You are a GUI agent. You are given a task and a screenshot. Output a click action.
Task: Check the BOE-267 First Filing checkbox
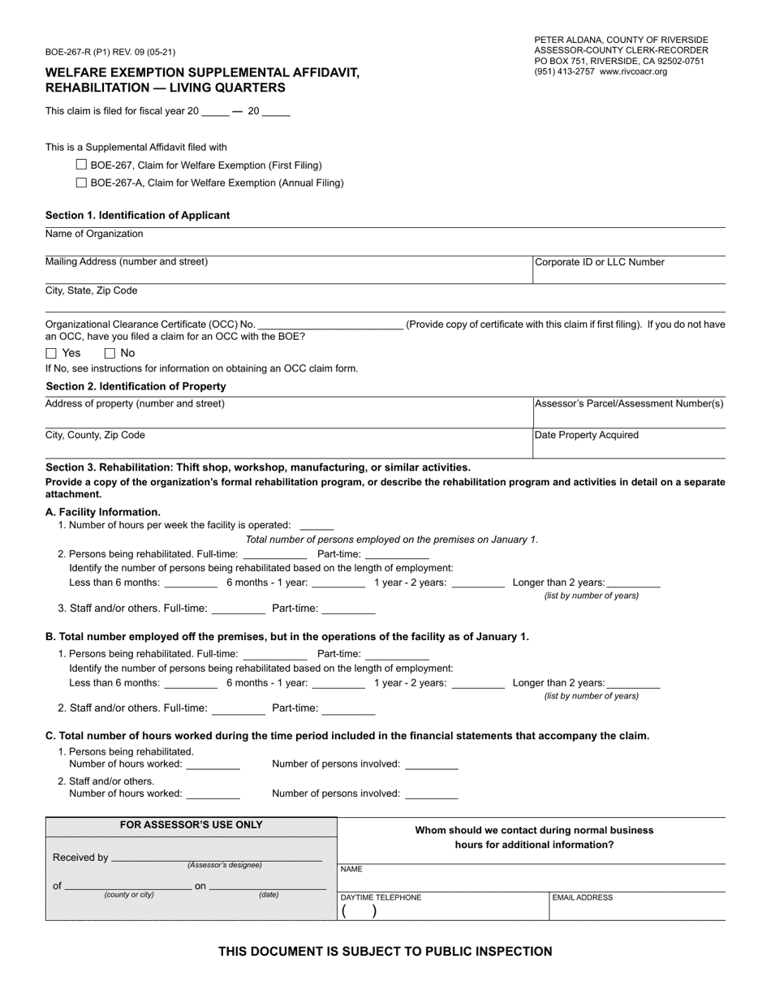click(81, 164)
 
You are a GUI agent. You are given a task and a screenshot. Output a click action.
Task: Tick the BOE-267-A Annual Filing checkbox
click(81, 183)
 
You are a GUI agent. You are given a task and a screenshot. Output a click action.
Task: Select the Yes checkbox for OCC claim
click(51, 353)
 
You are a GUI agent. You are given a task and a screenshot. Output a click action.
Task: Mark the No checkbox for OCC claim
click(110, 353)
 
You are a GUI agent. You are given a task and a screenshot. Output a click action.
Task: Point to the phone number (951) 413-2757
click(565, 71)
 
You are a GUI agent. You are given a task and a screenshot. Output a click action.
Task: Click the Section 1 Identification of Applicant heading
click(137, 215)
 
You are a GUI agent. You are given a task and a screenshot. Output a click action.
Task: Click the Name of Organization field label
click(94, 234)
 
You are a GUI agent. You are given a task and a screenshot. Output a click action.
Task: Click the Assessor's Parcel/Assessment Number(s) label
click(629, 403)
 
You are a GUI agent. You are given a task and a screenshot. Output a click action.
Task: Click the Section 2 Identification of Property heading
click(136, 386)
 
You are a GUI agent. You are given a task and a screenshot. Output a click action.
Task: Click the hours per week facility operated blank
click(317, 526)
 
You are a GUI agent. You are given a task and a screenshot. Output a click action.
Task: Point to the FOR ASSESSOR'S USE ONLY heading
click(191, 825)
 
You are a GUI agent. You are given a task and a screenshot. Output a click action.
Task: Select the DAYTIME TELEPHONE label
click(381, 897)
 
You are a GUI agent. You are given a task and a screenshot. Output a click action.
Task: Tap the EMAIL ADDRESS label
click(582, 897)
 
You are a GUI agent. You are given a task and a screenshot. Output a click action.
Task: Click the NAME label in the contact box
click(351, 869)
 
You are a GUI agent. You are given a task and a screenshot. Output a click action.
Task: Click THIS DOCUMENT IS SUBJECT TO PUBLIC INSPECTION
click(385, 952)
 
